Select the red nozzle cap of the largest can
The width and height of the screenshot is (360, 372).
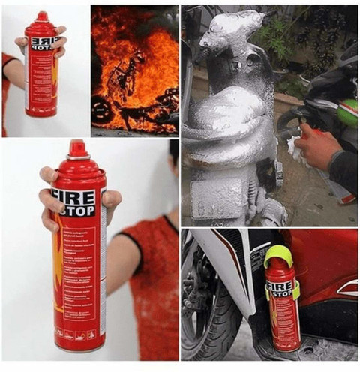pos(77,149)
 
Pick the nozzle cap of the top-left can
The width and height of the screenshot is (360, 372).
pos(42,16)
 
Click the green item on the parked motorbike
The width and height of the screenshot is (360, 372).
pos(346,112)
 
